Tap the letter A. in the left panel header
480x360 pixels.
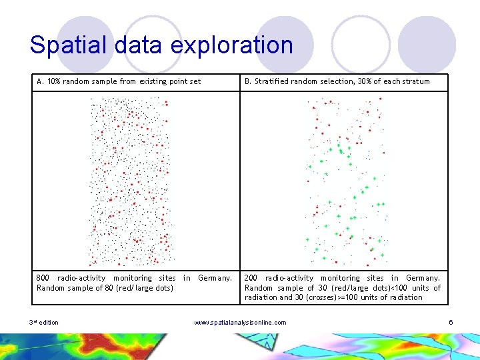(41, 81)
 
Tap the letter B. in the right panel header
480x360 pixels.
(248, 81)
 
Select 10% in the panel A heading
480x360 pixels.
(54, 81)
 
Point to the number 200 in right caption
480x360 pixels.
(251, 278)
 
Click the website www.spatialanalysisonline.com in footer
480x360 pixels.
(240, 323)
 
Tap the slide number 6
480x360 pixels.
(451, 323)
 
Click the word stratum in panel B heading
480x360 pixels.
(415, 81)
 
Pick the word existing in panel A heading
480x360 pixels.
(154, 81)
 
